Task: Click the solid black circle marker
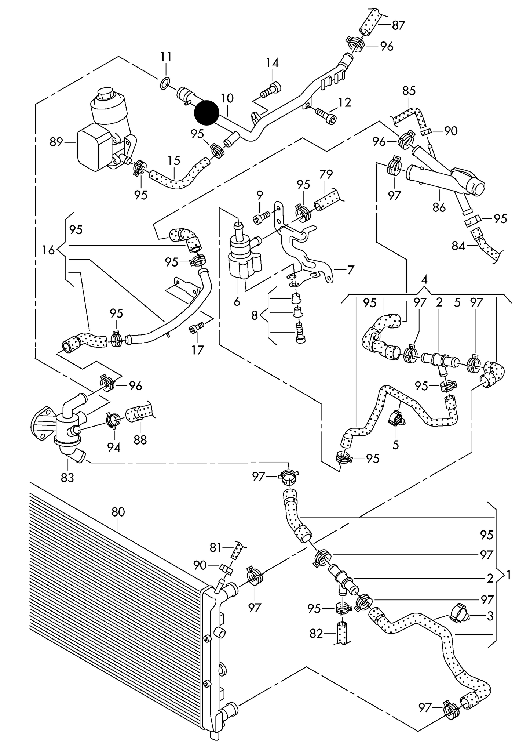[x=206, y=112]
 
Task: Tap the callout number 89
[x=56, y=142]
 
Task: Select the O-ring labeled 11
[x=165, y=83]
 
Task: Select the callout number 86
[x=439, y=207]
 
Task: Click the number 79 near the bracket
[x=325, y=174]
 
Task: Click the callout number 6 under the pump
[x=236, y=302]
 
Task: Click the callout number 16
[x=48, y=250]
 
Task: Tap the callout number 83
[x=67, y=478]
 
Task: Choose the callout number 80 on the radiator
[x=118, y=512]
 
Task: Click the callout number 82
[x=316, y=633]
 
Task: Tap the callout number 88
[x=140, y=440]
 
